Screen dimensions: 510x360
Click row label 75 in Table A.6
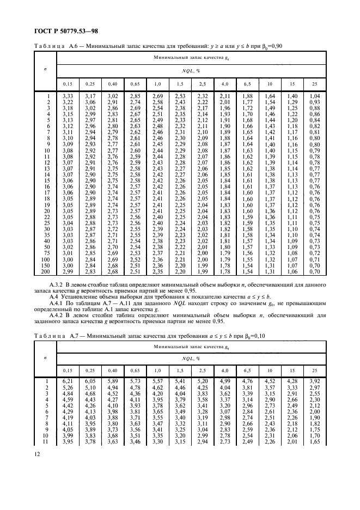point(47,252)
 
